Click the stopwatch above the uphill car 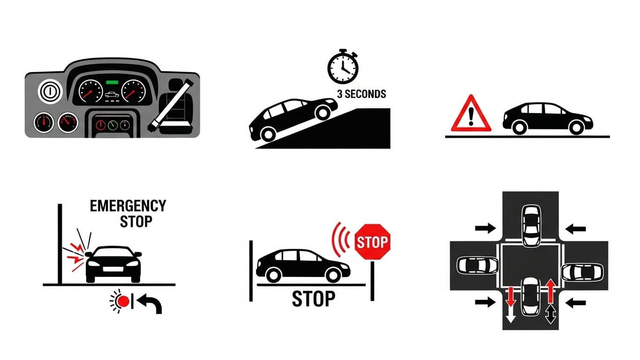click(343, 67)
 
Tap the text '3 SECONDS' click(361, 94)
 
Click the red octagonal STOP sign click(372, 242)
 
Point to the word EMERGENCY click(128, 206)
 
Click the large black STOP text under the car click(313, 299)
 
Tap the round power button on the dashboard click(50, 91)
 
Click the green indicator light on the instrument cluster click(112, 82)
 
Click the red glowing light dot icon click(123, 301)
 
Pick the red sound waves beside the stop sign click(340, 240)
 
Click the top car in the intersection click(531, 225)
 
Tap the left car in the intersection click(477, 265)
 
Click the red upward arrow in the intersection click(550, 291)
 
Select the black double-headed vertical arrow click(550, 314)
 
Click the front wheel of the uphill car click(323, 112)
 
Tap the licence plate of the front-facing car click(113, 269)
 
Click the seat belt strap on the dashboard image click(171, 106)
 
